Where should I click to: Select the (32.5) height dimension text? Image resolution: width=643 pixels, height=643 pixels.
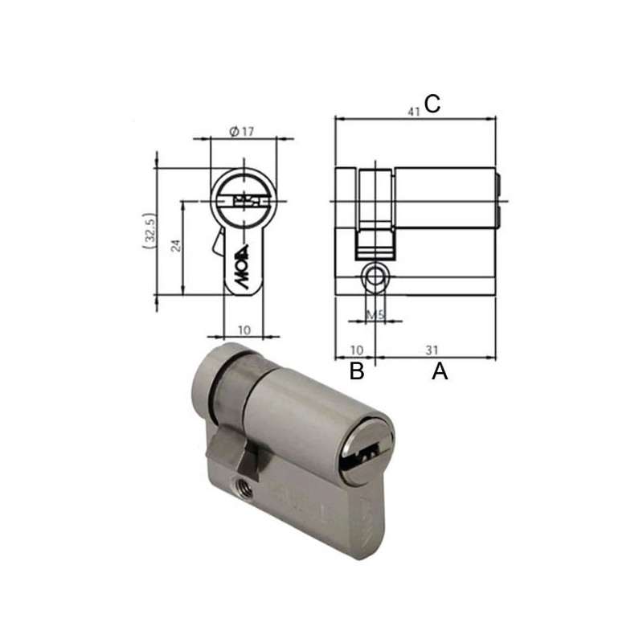(x=147, y=232)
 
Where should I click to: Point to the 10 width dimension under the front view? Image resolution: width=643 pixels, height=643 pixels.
(x=245, y=329)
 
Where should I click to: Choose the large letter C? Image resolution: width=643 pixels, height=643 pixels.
(x=432, y=104)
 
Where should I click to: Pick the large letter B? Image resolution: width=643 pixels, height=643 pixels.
(x=357, y=371)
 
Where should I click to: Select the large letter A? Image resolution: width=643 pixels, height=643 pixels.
(x=439, y=371)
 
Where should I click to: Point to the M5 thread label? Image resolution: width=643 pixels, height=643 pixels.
(x=374, y=314)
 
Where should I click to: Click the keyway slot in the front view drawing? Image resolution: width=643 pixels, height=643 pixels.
(x=242, y=199)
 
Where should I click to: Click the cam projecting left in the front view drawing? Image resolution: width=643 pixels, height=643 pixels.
(x=219, y=241)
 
